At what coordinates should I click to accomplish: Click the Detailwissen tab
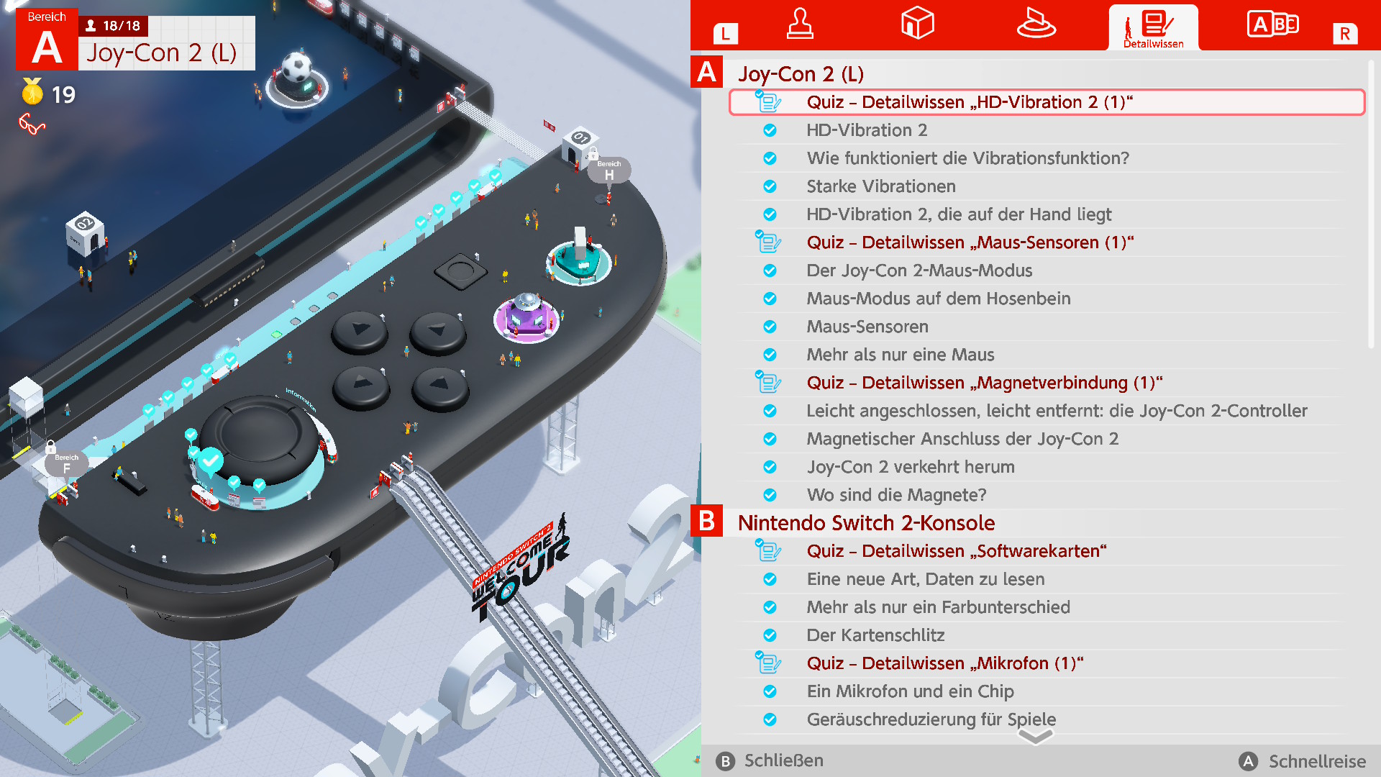1153,27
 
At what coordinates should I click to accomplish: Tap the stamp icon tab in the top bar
800,24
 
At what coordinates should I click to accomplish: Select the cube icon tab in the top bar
917,23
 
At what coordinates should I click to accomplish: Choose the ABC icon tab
1272,24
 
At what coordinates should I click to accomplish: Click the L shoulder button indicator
726,33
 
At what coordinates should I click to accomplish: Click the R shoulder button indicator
1345,33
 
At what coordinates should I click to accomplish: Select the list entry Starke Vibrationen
880,186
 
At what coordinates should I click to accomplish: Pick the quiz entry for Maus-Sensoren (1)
970,242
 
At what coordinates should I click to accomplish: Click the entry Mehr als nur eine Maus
900,355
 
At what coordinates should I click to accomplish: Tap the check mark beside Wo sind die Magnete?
770,495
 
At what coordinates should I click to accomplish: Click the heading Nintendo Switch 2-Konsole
866,523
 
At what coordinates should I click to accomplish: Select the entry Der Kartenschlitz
875,635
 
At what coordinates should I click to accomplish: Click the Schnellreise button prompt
1303,761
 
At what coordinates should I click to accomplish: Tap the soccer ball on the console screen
296,67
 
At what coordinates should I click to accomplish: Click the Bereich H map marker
609,171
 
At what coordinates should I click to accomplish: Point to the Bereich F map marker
66,464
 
